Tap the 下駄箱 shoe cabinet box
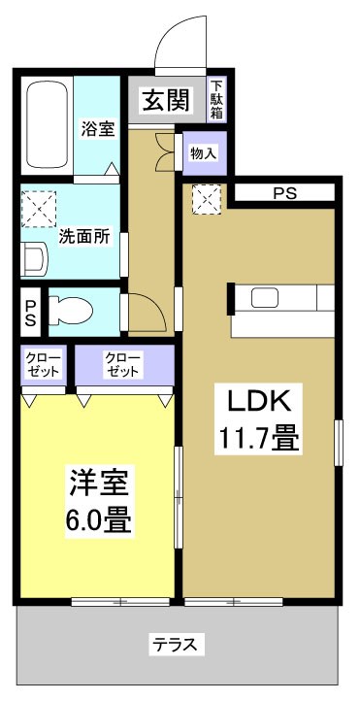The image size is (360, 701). click(x=218, y=99)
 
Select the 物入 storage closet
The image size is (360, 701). click(x=203, y=152)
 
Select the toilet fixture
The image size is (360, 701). click(x=71, y=311)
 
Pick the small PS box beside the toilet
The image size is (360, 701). click(x=29, y=312)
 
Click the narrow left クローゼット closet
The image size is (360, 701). click(x=42, y=366)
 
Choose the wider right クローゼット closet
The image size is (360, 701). click(x=123, y=366)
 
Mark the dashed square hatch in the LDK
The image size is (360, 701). click(x=207, y=199)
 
